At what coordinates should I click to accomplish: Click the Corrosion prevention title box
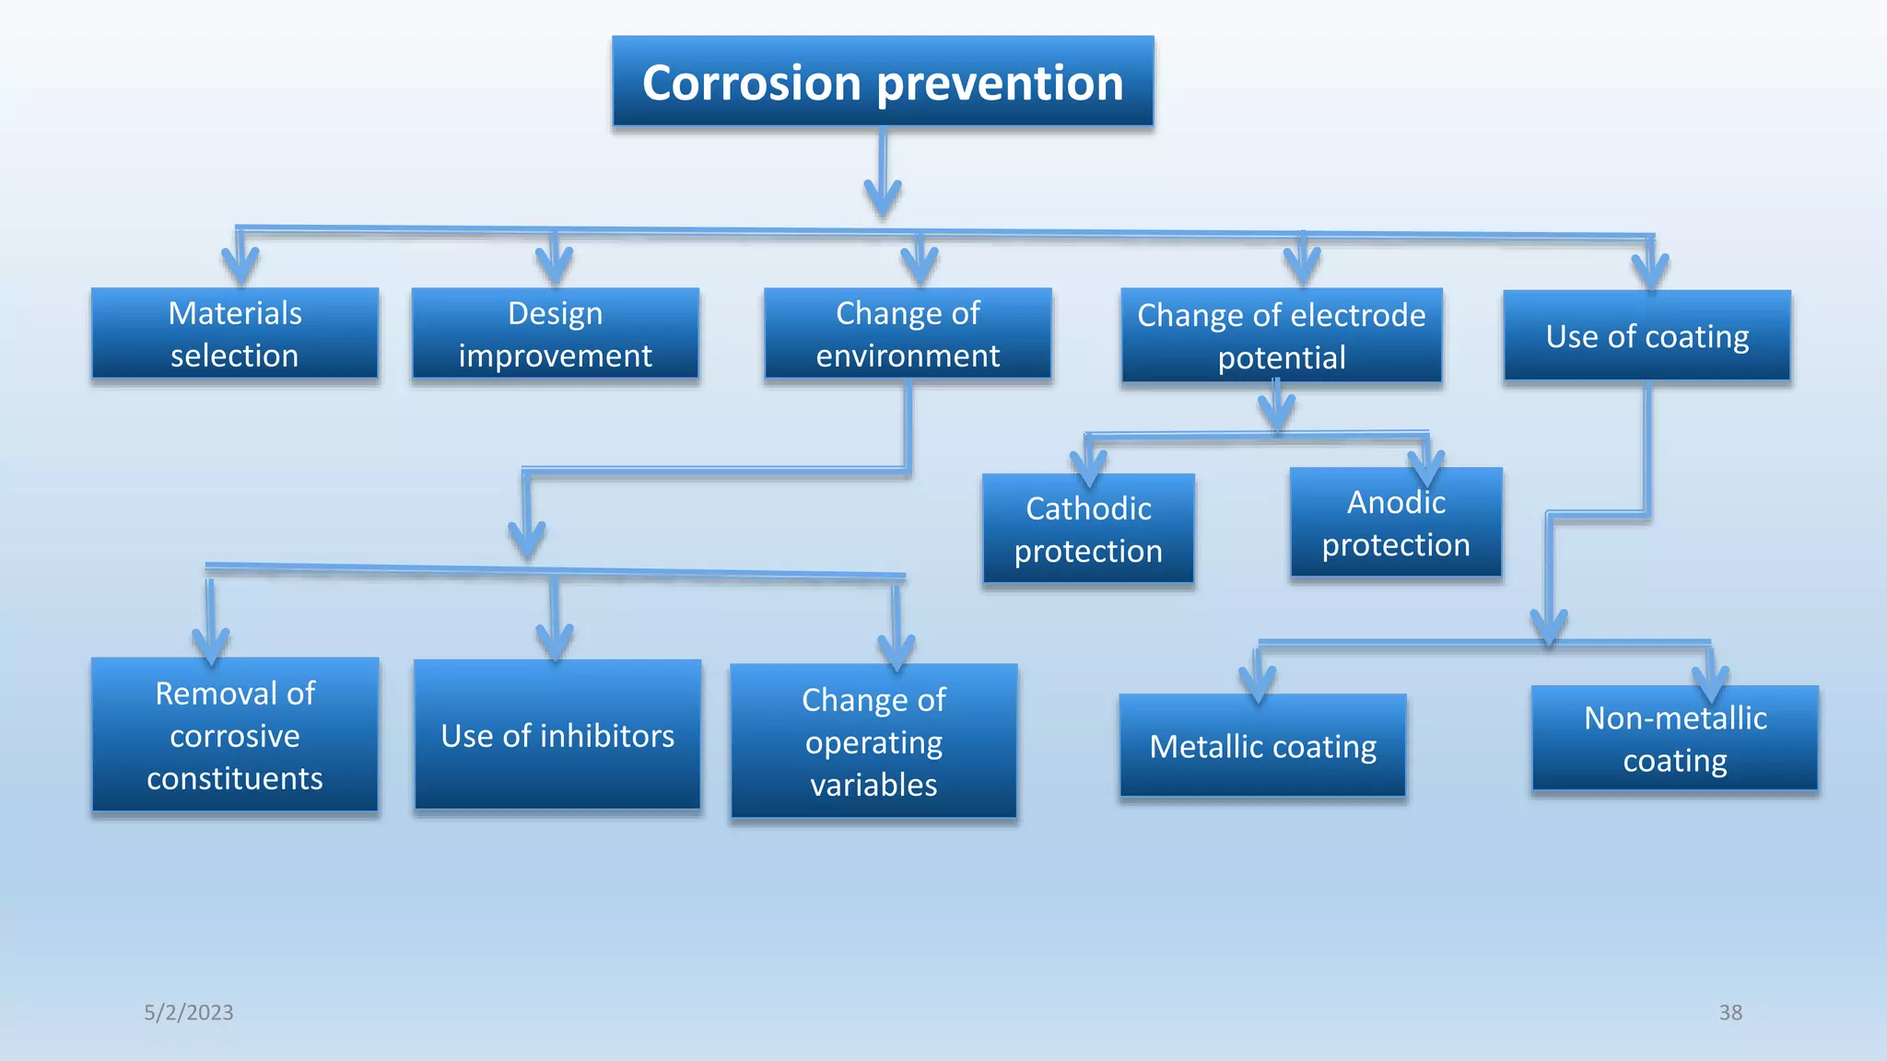point(883,81)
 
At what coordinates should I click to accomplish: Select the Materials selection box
point(235,333)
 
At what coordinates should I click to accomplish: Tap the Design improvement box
point(555,333)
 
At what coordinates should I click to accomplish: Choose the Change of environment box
point(908,333)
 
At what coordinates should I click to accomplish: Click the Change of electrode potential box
point(1281,335)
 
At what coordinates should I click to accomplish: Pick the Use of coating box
point(1647,336)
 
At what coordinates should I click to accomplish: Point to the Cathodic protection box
point(1088,530)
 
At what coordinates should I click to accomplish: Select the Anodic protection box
point(1396,523)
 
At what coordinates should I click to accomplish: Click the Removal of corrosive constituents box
point(235,735)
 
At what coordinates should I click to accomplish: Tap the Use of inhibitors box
point(557,735)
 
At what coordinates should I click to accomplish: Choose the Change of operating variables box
point(873,741)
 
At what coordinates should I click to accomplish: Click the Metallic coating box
point(1262,746)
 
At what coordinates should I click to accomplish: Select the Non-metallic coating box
point(1674,739)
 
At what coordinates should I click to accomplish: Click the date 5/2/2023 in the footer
point(188,1012)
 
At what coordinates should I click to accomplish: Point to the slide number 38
point(1730,1012)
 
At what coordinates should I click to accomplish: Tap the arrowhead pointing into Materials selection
point(240,266)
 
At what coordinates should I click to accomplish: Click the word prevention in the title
point(1000,83)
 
